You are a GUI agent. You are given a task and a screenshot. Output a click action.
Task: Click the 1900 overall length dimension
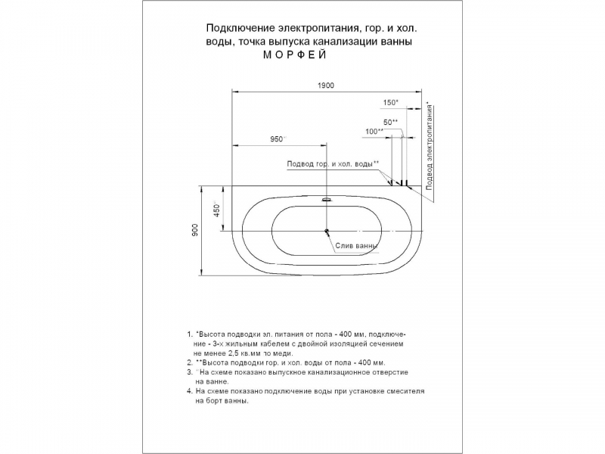326,86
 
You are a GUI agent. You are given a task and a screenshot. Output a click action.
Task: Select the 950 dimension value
276,139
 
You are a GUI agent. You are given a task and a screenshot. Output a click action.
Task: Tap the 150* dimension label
390,103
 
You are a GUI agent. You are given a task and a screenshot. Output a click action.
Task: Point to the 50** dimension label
390,123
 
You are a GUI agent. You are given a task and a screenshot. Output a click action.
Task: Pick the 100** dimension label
374,132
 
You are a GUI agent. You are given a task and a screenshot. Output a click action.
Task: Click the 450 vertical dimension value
217,210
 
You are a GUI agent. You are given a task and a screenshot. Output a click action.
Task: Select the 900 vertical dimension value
194,230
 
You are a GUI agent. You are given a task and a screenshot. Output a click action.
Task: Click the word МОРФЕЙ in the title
295,54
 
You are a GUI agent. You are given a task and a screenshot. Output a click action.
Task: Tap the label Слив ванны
355,245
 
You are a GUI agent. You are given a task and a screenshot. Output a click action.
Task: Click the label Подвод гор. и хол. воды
330,164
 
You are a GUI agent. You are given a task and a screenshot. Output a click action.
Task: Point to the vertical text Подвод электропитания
429,147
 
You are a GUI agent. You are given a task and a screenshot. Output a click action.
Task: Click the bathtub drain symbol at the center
327,232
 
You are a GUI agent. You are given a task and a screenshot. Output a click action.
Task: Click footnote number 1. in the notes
190,334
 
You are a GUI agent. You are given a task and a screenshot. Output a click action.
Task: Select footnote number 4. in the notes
190,391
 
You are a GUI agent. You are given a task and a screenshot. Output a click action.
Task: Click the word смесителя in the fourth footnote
406,391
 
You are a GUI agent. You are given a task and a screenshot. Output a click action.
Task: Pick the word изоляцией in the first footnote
355,344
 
